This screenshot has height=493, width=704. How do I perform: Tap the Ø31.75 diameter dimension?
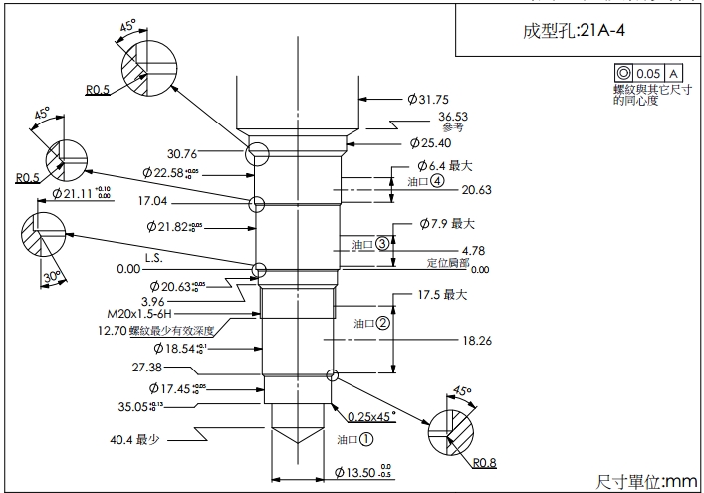[428, 99]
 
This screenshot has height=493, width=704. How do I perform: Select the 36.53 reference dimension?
[453, 117]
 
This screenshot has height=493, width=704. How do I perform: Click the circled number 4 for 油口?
[436, 182]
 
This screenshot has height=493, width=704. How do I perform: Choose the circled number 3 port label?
[381, 244]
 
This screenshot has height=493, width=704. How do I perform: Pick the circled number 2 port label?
[383, 323]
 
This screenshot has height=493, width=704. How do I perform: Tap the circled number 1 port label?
[366, 437]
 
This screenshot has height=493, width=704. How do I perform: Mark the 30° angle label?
[52, 274]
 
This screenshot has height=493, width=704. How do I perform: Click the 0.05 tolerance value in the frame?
[648, 73]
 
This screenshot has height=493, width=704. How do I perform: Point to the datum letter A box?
[673, 73]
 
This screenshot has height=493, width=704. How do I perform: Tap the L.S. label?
[153, 257]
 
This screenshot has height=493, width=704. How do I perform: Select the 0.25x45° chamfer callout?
[371, 413]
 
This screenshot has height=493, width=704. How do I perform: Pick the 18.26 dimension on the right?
[477, 340]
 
